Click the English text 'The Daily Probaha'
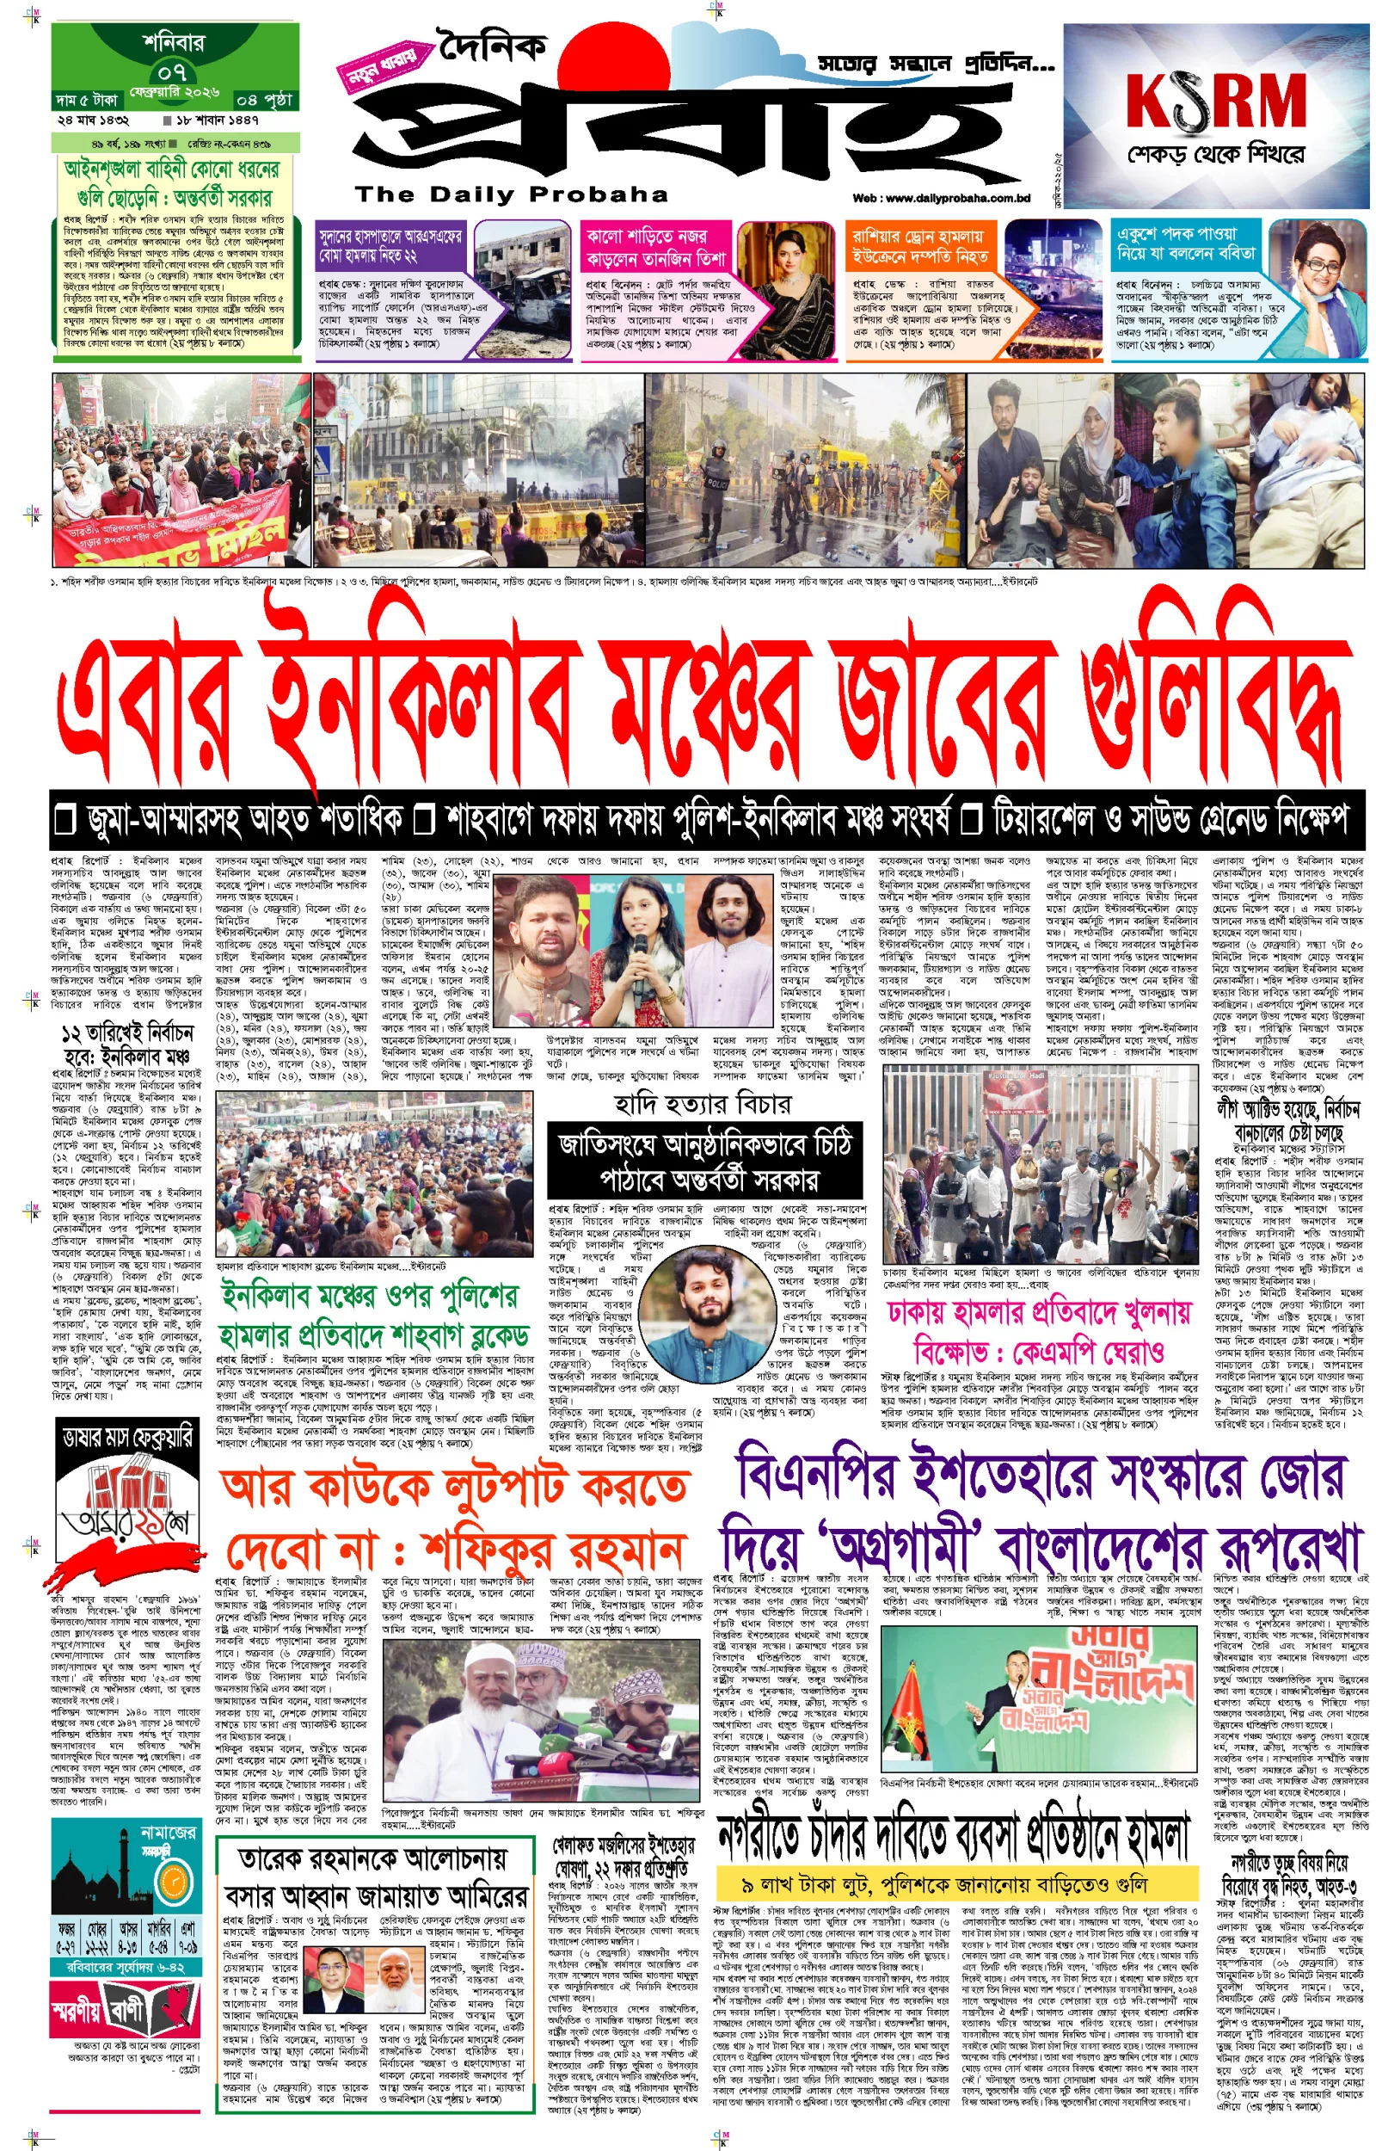(x=511, y=194)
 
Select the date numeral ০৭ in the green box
(x=173, y=71)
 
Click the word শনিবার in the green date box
(x=174, y=42)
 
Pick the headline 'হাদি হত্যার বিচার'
(x=703, y=1105)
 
